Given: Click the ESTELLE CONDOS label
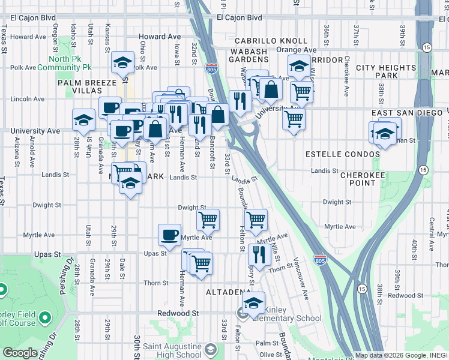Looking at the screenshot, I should point(342,154).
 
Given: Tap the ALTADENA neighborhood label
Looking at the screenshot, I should point(228,292).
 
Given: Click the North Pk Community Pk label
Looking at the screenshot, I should point(70,63).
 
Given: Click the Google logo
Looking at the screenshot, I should point(20,353).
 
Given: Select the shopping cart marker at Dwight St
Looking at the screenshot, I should point(208,220).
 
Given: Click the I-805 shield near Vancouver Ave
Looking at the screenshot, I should point(320,260).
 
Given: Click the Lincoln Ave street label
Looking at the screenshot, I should point(28,98).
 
